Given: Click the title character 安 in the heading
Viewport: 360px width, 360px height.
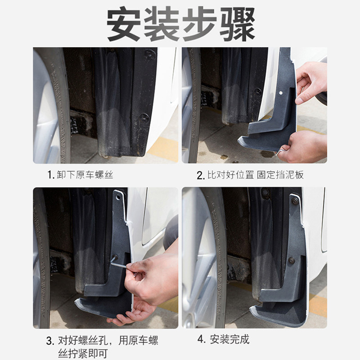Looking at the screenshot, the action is (x=124, y=24).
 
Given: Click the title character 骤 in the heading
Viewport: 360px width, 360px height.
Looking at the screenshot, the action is (x=237, y=24).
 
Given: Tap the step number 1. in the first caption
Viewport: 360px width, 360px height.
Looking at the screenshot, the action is (x=51, y=175).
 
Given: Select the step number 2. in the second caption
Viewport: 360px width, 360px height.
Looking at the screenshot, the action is (x=201, y=175).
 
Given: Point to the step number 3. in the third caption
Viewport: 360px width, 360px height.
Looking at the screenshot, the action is (x=50, y=341).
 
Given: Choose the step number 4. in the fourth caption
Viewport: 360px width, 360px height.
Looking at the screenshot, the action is (x=201, y=339).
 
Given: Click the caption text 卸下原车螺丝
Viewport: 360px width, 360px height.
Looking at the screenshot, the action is (x=85, y=175).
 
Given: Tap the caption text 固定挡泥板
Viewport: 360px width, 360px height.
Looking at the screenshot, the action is (x=280, y=175).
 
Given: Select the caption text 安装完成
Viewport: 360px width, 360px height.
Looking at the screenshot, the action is (x=229, y=339).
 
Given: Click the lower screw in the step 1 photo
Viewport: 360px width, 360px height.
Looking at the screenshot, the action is (x=144, y=118).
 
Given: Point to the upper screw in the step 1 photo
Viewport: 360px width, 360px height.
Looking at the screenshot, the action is (x=150, y=54).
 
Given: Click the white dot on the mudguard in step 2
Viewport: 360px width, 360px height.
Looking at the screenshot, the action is (x=280, y=93).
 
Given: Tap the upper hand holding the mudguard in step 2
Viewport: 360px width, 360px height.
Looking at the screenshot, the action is (x=311, y=81).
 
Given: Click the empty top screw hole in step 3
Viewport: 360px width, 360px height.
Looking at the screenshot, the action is (x=118, y=197).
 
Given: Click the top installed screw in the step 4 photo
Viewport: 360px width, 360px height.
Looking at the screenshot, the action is (x=295, y=201).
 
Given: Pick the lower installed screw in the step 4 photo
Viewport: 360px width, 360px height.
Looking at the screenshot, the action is (x=291, y=261).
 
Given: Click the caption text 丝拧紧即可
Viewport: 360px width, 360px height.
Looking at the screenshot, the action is (x=83, y=354).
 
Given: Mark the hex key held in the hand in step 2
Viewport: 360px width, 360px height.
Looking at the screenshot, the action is (x=279, y=152).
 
